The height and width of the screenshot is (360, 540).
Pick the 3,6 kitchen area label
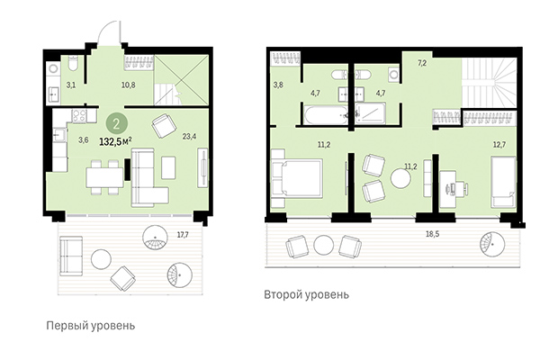click(83, 139)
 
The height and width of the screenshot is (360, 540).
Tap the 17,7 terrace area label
click(183, 235)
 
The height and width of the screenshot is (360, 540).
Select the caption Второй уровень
click(306, 294)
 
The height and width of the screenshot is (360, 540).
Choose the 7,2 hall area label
click(420, 64)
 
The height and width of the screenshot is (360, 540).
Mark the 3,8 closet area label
click(277, 86)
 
